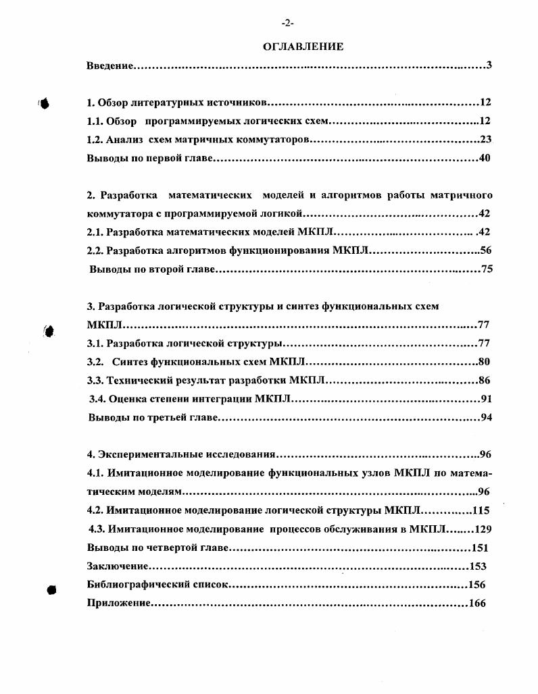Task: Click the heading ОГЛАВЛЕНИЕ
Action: tap(303, 47)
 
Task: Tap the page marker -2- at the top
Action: tap(288, 23)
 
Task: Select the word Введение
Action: tap(109, 65)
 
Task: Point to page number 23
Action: tap(485, 140)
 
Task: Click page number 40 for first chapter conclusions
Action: tap(484, 159)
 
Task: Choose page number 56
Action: tap(485, 250)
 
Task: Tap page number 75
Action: tap(485, 269)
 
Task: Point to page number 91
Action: tap(485, 398)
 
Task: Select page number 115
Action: tap(481, 510)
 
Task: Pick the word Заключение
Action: tap(118, 566)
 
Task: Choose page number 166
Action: tap(477, 604)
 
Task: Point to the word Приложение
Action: tap(118, 604)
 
